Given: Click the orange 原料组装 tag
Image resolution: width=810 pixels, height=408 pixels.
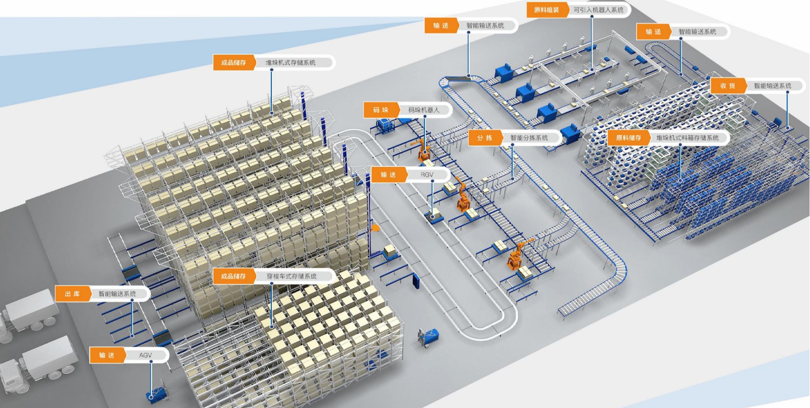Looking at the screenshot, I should [x=546, y=10].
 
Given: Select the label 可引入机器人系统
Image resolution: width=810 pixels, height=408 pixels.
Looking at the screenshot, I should [x=598, y=10].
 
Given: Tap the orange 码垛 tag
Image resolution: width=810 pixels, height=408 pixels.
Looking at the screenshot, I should [x=381, y=110].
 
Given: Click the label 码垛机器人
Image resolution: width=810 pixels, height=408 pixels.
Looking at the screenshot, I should [x=423, y=110].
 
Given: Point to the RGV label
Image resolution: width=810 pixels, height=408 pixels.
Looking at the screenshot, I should [x=426, y=175].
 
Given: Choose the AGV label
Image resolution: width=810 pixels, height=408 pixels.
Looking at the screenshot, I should [x=145, y=355].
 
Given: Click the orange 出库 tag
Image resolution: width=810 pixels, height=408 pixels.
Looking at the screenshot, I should [x=72, y=294].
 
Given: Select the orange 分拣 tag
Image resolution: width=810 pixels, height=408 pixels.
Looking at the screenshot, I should [x=484, y=138].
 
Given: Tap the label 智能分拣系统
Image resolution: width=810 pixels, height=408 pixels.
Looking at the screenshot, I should [x=529, y=138].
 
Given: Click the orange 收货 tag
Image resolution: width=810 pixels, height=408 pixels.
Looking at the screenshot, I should [x=727, y=86].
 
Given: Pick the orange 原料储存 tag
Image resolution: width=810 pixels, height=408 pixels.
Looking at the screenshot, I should [x=628, y=138].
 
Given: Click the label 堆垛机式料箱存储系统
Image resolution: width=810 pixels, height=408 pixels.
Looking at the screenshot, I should [x=687, y=138].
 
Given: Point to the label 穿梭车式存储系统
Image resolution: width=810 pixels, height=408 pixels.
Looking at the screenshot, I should [x=291, y=276].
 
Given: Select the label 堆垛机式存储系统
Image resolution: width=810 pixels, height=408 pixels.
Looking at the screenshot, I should [x=290, y=62].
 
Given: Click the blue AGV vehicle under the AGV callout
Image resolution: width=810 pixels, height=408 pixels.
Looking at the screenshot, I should [x=155, y=393].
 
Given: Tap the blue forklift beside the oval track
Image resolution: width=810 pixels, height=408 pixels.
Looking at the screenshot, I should [x=428, y=336].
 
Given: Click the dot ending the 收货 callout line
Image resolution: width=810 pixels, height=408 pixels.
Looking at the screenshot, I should [x=788, y=128].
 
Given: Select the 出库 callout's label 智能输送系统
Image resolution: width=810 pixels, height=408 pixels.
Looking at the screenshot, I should [x=117, y=294].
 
